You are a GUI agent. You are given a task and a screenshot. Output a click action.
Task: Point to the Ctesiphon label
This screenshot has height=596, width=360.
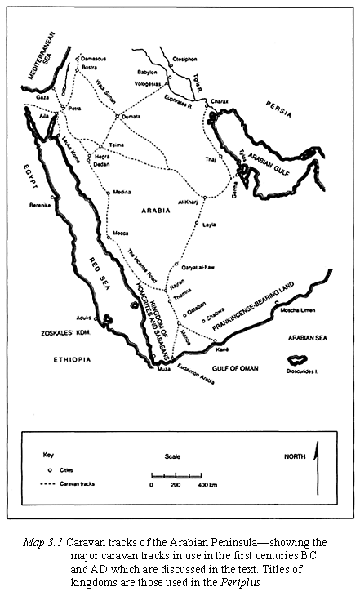(x=186, y=59)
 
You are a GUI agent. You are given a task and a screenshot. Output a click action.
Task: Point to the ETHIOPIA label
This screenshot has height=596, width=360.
(x=72, y=358)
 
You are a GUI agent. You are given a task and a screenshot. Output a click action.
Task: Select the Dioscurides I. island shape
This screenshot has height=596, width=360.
(x=295, y=358)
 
